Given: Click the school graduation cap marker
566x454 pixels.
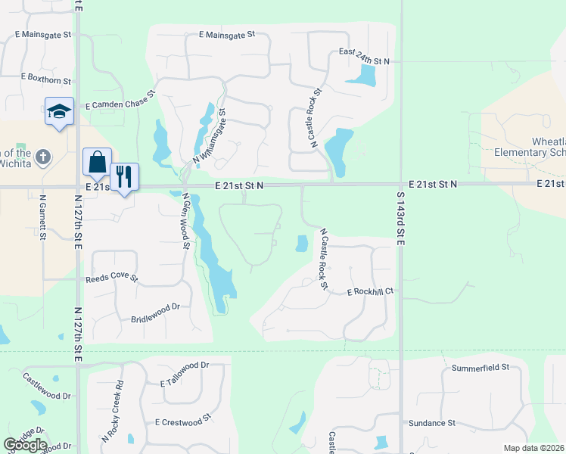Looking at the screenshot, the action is click(x=59, y=112).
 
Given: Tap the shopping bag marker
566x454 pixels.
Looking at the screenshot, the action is click(x=97, y=162).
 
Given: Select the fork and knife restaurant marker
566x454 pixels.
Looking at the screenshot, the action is click(x=125, y=177).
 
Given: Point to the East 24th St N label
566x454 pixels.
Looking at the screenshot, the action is click(x=364, y=61).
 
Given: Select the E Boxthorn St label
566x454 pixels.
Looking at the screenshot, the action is click(x=46, y=78).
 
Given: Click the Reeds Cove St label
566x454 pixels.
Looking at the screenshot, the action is click(x=111, y=278).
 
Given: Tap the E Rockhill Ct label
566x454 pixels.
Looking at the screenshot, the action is click(x=371, y=291).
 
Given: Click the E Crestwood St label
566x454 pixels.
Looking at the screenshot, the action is click(x=182, y=422).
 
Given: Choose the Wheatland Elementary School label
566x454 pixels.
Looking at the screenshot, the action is click(x=530, y=147).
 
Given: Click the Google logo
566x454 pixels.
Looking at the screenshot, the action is click(x=25, y=445).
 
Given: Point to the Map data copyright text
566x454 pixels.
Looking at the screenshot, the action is click(x=534, y=448).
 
